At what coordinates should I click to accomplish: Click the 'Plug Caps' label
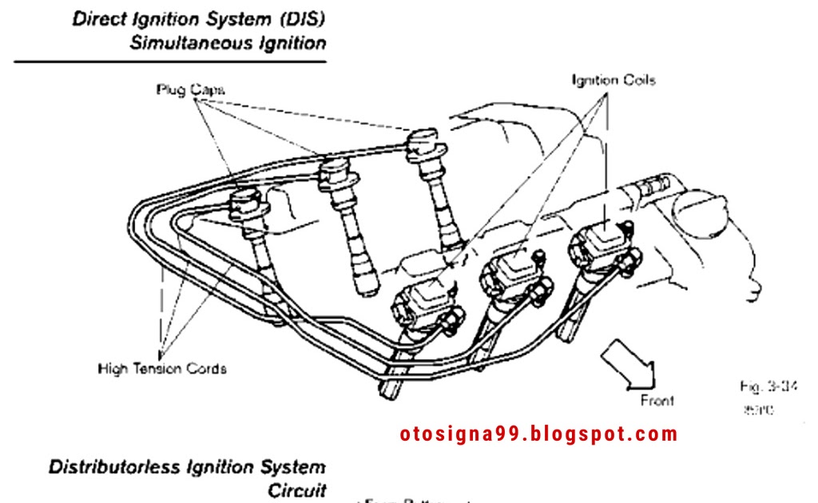(190, 89)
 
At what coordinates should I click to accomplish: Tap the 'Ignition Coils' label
(613, 80)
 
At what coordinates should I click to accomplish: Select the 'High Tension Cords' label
(162, 369)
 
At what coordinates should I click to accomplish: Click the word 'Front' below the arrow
(657, 400)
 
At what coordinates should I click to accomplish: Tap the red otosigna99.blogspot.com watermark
(538, 434)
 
